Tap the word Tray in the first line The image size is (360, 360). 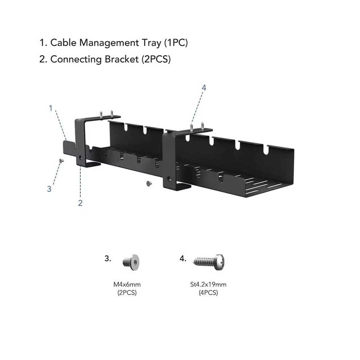point(151,43)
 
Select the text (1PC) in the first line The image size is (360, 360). point(176,43)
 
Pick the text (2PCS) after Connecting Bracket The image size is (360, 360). point(156,59)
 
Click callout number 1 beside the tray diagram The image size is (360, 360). point(51,108)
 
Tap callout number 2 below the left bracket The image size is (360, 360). point(80,203)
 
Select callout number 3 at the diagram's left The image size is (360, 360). point(49,189)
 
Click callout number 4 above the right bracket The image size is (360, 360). point(204,88)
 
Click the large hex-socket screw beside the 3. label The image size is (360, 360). point(131,262)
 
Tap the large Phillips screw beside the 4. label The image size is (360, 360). point(209,262)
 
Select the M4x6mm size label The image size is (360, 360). point(127,285)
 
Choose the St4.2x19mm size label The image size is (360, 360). point(208,285)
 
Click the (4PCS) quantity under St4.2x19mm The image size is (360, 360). point(208,293)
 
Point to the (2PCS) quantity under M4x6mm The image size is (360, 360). point(127,293)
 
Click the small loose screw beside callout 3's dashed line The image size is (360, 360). point(61,161)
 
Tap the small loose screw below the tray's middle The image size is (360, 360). point(149,183)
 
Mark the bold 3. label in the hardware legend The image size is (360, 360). point(108,259)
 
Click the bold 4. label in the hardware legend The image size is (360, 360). point(183,259)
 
